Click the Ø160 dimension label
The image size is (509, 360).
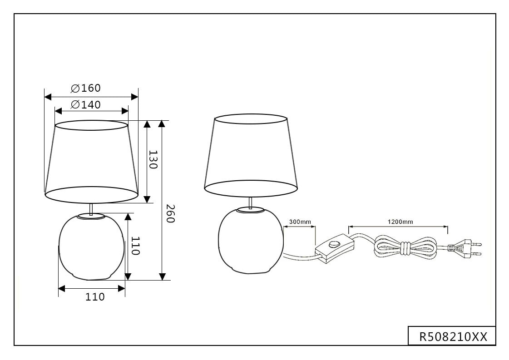point(86,88)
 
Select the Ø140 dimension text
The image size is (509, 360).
point(86,104)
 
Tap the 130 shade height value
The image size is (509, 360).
point(153,160)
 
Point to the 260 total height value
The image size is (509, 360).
point(170,214)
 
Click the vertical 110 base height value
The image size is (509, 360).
point(135,246)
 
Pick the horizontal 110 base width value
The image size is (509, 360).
point(95,297)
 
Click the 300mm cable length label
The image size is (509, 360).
point(300,222)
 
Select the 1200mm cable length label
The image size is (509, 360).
point(400,222)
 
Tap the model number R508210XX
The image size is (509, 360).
point(453,337)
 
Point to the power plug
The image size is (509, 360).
point(465,248)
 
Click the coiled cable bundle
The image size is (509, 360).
point(405,248)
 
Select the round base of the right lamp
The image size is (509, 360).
point(251,241)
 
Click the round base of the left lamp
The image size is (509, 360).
point(92,247)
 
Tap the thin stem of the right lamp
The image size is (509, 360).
point(250,202)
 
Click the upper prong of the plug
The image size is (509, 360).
point(477,243)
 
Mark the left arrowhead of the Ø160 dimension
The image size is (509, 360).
point(48,97)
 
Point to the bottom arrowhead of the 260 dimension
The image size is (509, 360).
point(163,276)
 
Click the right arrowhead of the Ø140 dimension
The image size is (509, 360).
point(125,111)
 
